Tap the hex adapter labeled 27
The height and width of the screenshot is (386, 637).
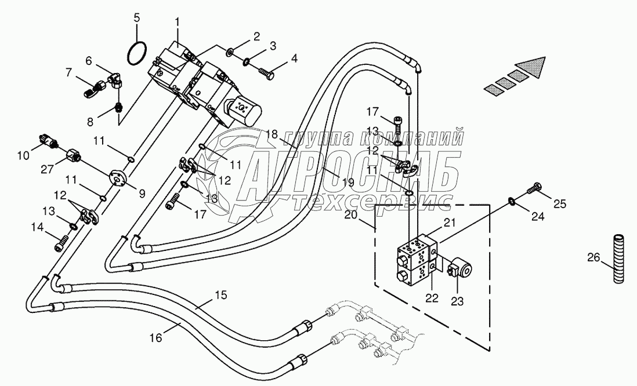tap(74, 155)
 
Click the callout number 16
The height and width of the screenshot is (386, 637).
tap(157, 337)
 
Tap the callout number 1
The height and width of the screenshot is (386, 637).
tap(177, 22)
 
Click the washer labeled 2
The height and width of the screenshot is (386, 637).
tap(230, 52)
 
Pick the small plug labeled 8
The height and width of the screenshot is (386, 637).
tap(119, 108)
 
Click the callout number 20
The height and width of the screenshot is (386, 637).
tap(350, 214)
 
